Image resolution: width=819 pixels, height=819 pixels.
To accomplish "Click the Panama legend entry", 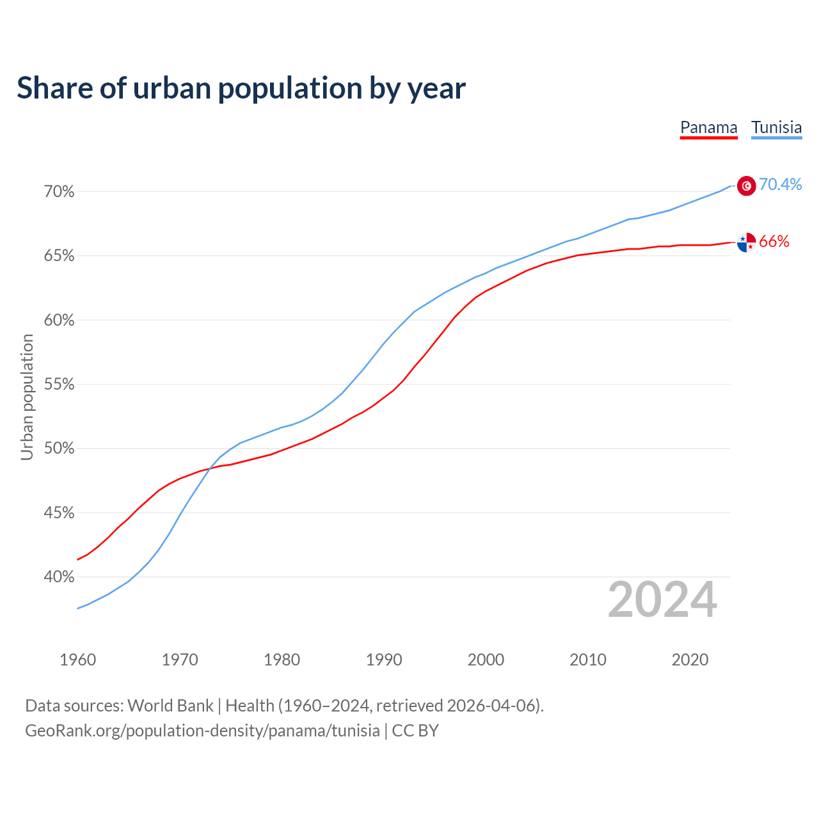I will tap(708, 127).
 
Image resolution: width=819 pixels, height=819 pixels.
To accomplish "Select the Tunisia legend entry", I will tap(776, 127).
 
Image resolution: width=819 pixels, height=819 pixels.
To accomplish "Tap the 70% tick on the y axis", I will tap(60, 192).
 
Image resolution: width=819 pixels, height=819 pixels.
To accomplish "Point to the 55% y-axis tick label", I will tap(60, 385).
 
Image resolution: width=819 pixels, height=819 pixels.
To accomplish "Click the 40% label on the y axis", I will tap(60, 577).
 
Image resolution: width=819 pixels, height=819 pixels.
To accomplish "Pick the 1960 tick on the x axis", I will tap(77, 660).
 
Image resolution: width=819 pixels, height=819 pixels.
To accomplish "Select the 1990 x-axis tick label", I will tap(384, 660).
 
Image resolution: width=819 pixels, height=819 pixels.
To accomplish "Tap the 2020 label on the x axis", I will tap(690, 660).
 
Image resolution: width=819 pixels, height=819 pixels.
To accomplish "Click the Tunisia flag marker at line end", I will tap(747, 186).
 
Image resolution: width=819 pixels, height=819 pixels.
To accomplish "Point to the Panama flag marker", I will tap(747, 243).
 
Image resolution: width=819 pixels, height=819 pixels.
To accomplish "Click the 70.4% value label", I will tap(780, 184).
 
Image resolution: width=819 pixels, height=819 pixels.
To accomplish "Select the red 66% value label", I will tap(774, 241).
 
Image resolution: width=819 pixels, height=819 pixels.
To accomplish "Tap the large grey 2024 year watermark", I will tap(662, 600).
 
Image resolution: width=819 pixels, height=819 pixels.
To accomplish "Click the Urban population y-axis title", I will tap(27, 397).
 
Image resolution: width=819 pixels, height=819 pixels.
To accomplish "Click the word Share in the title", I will tap(54, 88).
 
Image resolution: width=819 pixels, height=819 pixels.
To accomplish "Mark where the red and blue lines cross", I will tap(209, 469).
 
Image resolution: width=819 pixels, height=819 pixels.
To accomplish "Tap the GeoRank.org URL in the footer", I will tap(202, 730).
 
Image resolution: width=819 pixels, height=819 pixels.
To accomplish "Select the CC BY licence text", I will tap(415, 730).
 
